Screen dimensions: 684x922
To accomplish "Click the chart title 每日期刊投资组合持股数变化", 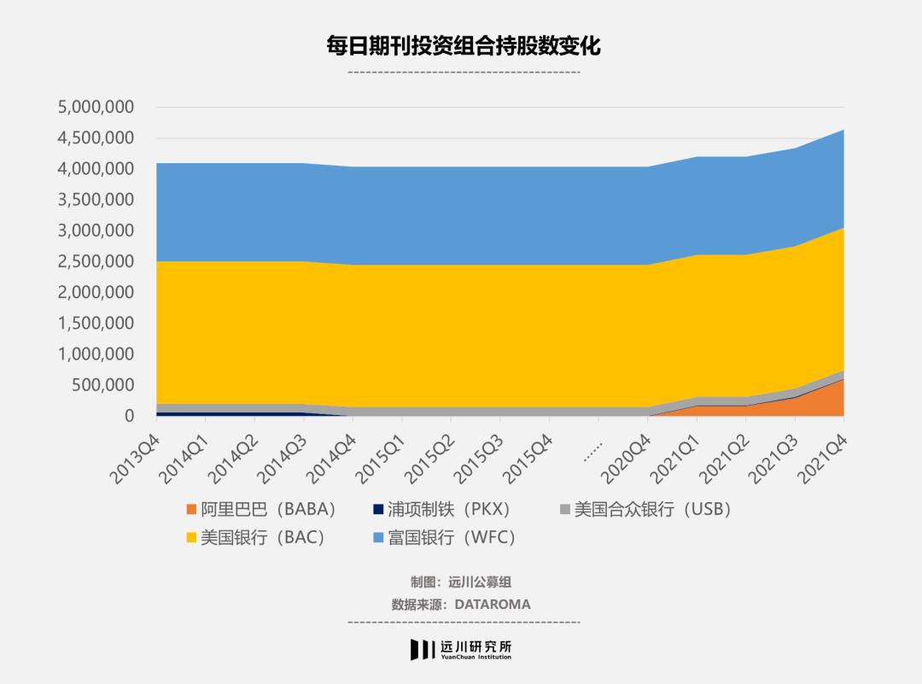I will point(464,45).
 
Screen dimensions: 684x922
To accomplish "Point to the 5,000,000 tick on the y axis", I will point(96,108).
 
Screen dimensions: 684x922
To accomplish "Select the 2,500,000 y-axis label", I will point(96,261).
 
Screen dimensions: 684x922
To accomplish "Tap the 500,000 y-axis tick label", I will point(103,385).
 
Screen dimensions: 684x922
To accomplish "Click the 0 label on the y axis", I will point(129,416).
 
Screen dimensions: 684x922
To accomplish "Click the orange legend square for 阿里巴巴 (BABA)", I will point(190,511).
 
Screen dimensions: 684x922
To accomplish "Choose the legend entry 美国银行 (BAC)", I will point(261,538).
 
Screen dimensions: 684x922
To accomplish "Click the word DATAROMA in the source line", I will point(492,605).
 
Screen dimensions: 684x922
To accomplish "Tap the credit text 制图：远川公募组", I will point(461,582).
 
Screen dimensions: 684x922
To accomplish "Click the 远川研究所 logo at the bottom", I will point(461,649).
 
